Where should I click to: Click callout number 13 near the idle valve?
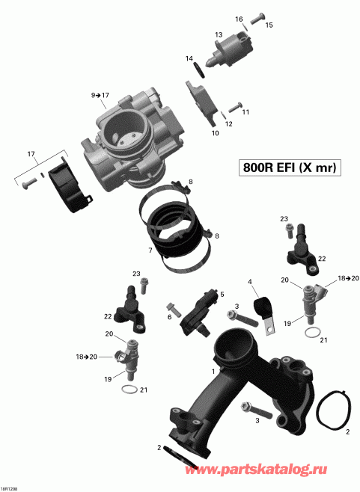click(x=219, y=35)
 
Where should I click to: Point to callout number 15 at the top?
click(x=269, y=25)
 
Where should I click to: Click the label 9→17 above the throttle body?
click(x=100, y=96)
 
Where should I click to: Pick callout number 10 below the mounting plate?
click(x=216, y=133)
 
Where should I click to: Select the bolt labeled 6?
click(x=174, y=307)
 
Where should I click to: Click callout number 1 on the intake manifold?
click(x=214, y=371)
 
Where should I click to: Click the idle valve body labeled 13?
click(x=228, y=52)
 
